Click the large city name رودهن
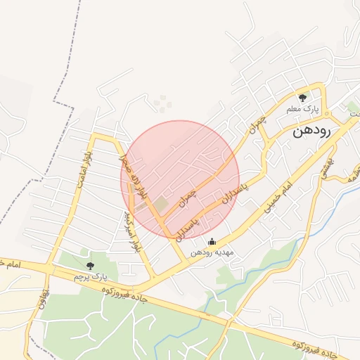[x=311, y=131]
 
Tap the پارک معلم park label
[x=303, y=110]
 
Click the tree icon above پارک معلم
[x=303, y=98]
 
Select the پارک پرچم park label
[x=89, y=278]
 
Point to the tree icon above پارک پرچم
[x=89, y=265]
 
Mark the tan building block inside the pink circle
[x=161, y=205]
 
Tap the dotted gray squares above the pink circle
[x=163, y=103]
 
